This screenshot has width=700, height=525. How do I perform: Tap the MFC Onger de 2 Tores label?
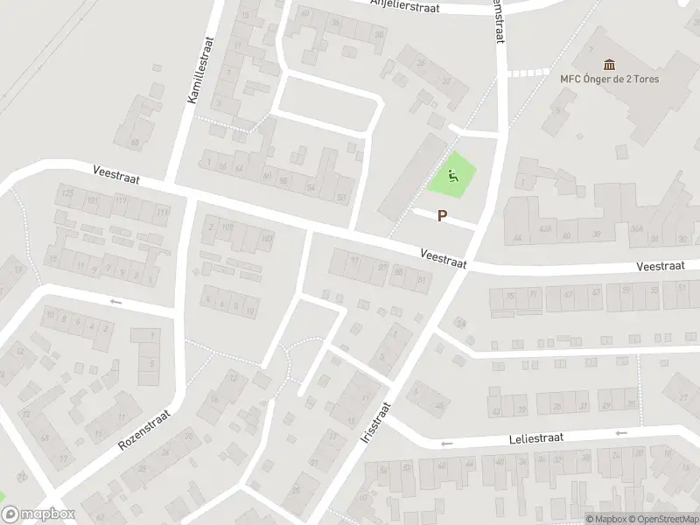tap(610, 79)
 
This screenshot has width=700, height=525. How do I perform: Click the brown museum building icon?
tap(610, 64)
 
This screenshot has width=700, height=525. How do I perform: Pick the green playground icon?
tap(453, 176)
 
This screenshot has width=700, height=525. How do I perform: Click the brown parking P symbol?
tap(443, 216)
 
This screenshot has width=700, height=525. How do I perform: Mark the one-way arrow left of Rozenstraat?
tap(115, 302)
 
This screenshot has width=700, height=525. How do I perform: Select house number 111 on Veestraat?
tap(161, 213)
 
